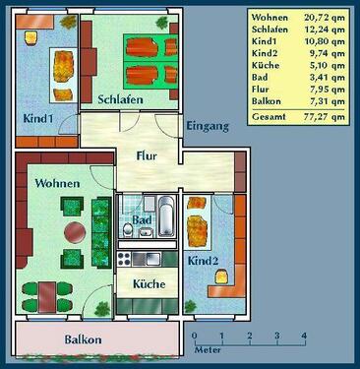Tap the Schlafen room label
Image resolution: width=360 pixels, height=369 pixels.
click(120, 99)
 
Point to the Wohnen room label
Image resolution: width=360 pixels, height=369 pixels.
click(57, 183)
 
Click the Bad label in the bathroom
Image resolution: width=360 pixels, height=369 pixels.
click(143, 220)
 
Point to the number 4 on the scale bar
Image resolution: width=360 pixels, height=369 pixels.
click(304, 337)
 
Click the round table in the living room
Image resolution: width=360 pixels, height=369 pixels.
click(75, 233)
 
